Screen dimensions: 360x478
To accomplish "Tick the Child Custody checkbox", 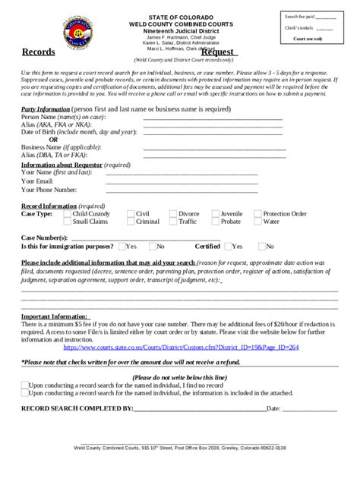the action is click(65, 215).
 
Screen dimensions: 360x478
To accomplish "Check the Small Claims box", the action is click(65, 222).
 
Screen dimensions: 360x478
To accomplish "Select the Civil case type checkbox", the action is click(131, 215).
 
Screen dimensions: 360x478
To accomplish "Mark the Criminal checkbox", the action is click(131, 222).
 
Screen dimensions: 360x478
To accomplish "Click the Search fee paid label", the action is click(298, 16).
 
